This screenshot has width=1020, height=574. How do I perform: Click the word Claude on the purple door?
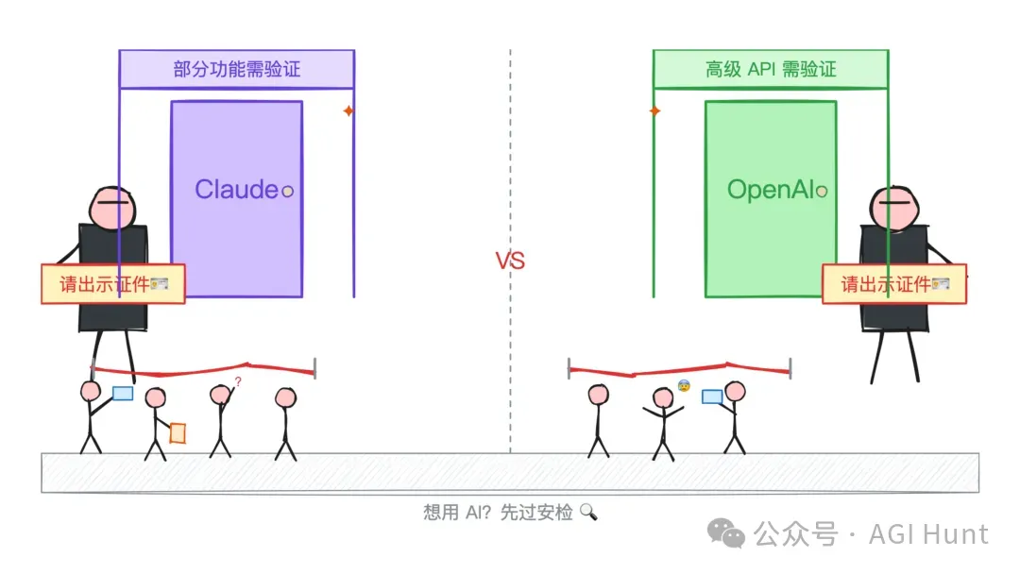coord(236,189)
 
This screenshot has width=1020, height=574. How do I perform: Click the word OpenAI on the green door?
coord(770,190)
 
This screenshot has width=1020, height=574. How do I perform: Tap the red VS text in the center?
coord(510,262)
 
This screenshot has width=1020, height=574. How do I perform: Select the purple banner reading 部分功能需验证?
coord(236,69)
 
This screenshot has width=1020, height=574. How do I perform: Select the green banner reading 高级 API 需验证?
coord(771,69)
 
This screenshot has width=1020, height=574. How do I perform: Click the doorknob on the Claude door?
coord(288,191)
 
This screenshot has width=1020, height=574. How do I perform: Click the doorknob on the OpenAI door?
coord(822,192)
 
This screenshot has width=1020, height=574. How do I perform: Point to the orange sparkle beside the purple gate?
coord(348,111)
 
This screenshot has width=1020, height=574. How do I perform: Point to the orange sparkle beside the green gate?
coord(654,111)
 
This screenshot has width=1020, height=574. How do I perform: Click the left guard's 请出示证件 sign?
coord(112,284)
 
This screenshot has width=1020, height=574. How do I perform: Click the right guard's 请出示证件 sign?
coord(894,283)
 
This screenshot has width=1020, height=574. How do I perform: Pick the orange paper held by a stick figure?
coord(178,432)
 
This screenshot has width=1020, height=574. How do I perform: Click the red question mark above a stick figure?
coord(238,381)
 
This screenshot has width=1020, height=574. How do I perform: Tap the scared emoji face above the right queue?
coord(684,385)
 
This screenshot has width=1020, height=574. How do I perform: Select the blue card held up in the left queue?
coord(123,394)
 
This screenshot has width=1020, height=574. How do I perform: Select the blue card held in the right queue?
coord(712,397)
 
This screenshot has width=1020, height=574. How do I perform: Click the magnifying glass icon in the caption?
coord(588,513)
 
